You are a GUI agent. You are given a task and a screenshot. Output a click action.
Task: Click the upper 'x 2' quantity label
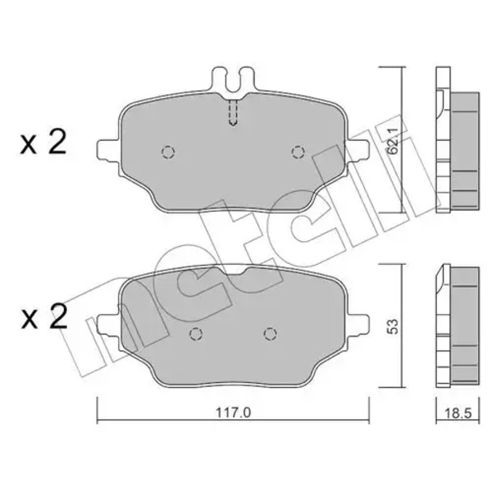43,143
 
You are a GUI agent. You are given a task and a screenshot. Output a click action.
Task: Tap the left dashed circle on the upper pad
168,153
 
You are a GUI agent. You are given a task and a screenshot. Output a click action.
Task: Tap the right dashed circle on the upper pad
298,153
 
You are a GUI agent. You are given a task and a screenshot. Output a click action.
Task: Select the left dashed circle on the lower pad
197,334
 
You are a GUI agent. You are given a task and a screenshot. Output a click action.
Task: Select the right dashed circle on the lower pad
270,334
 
